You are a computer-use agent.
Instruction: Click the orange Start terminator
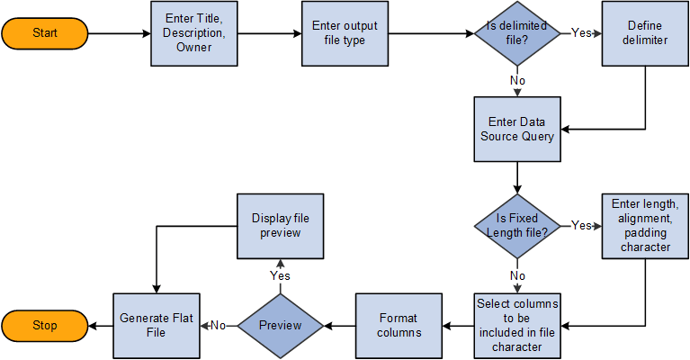coord(44,33)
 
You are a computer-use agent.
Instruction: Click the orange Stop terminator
coord(44,325)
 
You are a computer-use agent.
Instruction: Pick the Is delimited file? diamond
coord(518,33)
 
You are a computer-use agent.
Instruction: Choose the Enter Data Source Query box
coord(518,130)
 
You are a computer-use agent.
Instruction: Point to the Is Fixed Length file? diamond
coord(518,226)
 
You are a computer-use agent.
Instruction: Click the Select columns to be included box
coord(516,325)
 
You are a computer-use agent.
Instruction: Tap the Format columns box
coord(399,325)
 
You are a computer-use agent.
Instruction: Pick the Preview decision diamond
coord(280,325)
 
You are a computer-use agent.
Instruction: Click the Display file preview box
coord(280,225)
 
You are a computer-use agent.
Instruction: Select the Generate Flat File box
coord(157,325)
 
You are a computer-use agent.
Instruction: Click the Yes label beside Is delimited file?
coord(581,32)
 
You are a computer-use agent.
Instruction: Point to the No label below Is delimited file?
coord(518,80)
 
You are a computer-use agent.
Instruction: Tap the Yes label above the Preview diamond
coord(280,275)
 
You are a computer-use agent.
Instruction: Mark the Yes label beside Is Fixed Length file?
coord(581,225)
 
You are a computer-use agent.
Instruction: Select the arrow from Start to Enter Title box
coord(121,35)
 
